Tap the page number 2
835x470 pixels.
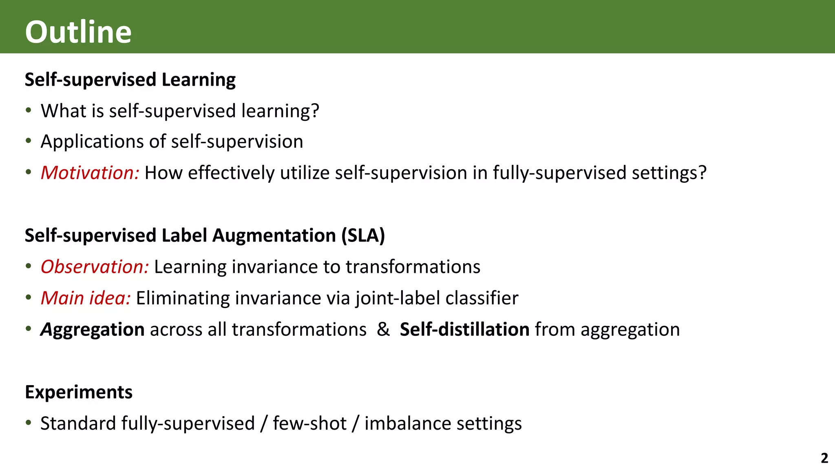pos(824,458)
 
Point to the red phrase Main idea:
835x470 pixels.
pos(86,298)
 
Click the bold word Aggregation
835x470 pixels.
pos(93,330)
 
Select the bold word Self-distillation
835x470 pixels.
pos(464,329)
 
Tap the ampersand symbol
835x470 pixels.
pos(383,329)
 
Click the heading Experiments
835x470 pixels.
pos(79,392)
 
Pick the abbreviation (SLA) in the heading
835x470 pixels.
pos(363,236)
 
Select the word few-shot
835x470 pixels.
pos(309,423)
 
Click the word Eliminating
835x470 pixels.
pos(183,298)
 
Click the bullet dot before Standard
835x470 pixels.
pos(28,423)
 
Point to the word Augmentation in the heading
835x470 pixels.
pos(274,236)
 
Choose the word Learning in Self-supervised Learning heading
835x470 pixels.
pos(199,80)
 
